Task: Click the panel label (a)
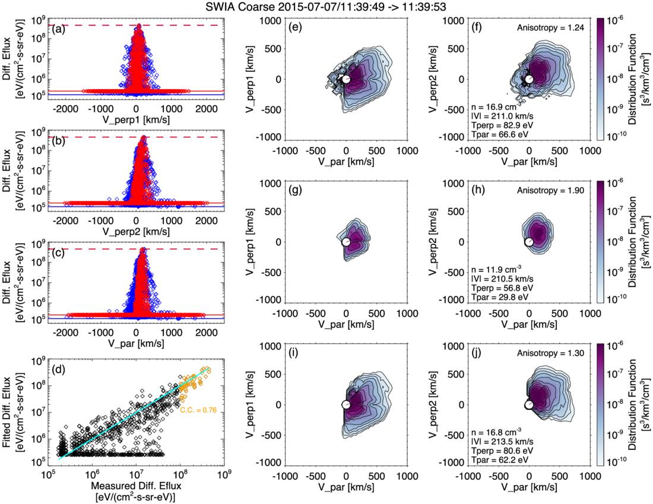pos(58,29)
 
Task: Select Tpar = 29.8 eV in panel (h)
pos(497,296)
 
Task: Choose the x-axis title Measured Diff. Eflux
pos(136,487)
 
